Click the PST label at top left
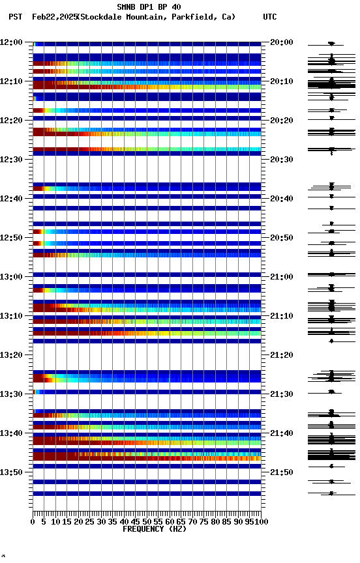15,17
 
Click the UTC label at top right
269,17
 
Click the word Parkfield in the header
194,17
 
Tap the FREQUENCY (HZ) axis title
147,529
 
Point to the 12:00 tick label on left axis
11,42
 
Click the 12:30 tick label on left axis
11,160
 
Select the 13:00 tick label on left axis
11,277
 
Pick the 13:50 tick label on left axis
11,472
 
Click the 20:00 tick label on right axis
281,42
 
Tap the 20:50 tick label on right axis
281,238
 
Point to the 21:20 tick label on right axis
281,355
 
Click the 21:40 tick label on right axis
281,433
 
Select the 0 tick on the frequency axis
33,522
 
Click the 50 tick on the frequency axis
147,522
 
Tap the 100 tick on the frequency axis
262,522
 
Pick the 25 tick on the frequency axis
90,522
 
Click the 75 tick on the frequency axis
203,522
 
